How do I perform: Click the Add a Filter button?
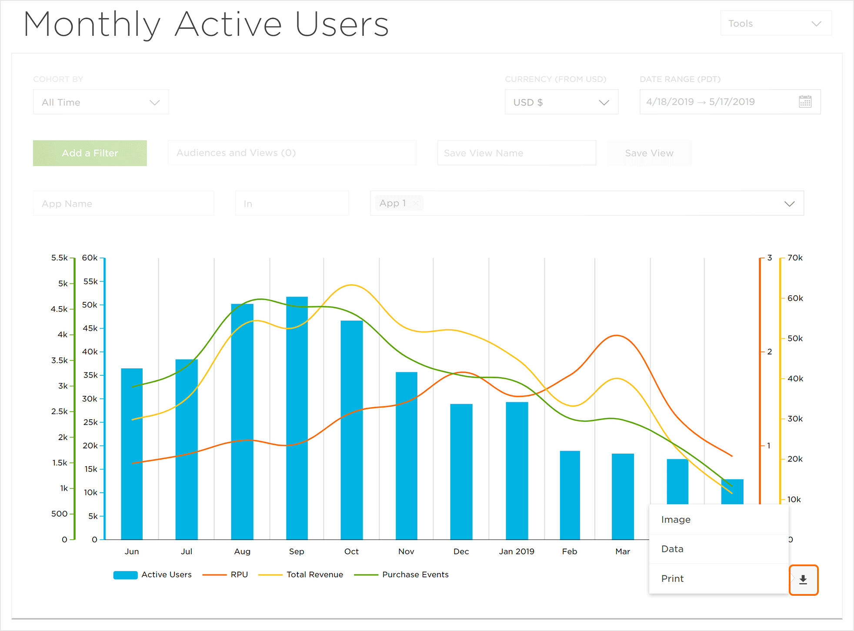click(x=90, y=153)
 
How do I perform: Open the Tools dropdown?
click(x=776, y=23)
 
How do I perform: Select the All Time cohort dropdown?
click(x=101, y=102)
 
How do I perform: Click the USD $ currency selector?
click(x=561, y=102)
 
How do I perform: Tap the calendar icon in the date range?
click(x=805, y=102)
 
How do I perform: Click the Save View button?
click(x=649, y=153)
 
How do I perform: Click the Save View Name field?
click(x=516, y=153)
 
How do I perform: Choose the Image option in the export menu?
click(x=676, y=520)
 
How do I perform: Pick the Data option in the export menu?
click(x=672, y=549)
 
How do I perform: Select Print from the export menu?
click(x=672, y=579)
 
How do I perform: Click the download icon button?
click(x=803, y=580)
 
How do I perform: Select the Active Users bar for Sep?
click(x=297, y=417)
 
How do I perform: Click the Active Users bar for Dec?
click(x=461, y=471)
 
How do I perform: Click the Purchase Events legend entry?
click(x=415, y=575)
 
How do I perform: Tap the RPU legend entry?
click(x=239, y=575)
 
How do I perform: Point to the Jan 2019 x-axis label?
click(x=516, y=552)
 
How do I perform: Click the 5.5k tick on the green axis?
click(x=60, y=258)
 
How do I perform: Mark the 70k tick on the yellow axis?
click(x=794, y=258)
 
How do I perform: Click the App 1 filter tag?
click(x=393, y=203)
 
